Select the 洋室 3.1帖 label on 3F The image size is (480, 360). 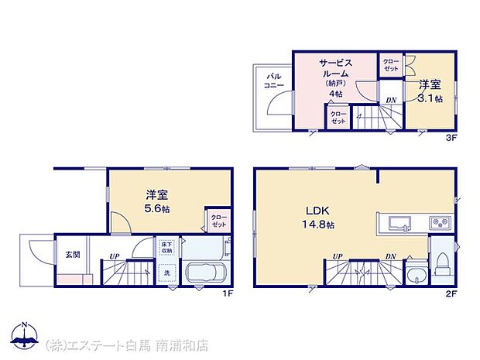pyautogui.click(x=430, y=91)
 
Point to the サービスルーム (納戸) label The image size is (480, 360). pyautogui.click(x=336, y=76)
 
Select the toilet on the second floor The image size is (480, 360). pyautogui.click(x=442, y=263)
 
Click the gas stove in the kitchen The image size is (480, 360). pyautogui.click(x=438, y=225)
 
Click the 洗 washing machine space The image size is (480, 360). pyautogui.click(x=166, y=274)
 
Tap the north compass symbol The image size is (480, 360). pyautogui.click(x=25, y=336)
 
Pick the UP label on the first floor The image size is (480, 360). pyautogui.click(x=114, y=256)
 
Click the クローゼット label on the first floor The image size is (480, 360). pyautogui.click(x=218, y=220)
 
